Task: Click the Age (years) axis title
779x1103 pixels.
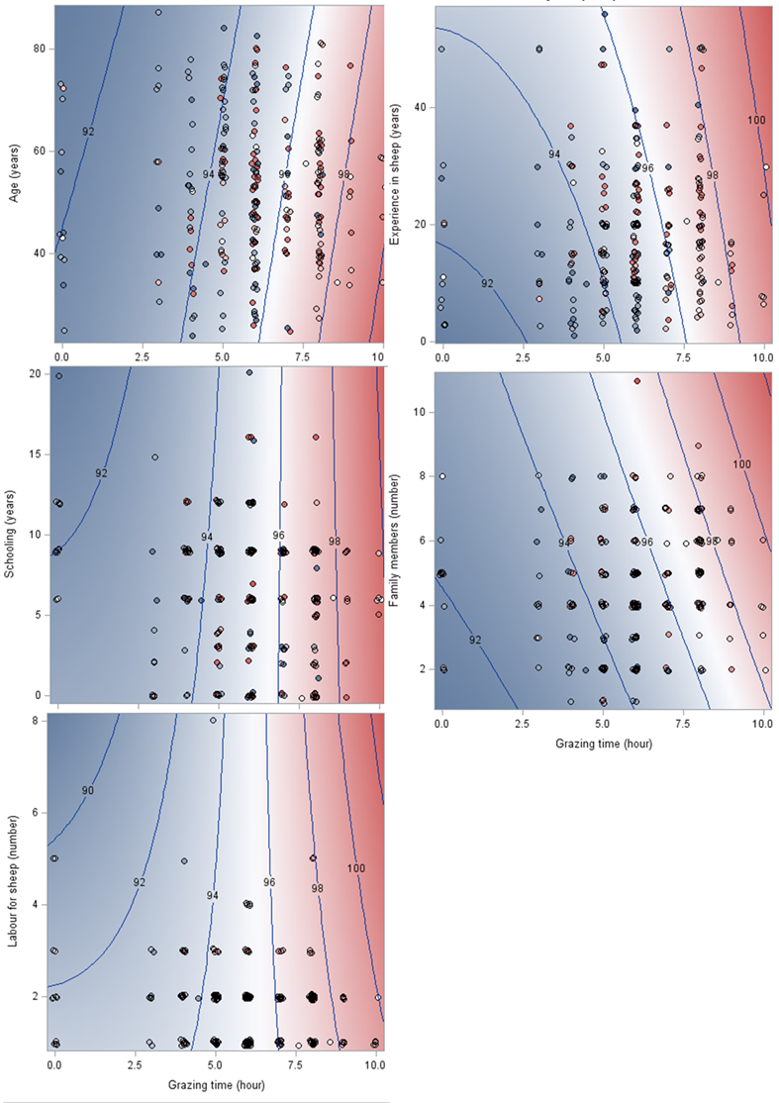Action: pyautogui.click(x=15, y=174)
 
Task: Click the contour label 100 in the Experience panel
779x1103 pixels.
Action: pyautogui.click(x=756, y=121)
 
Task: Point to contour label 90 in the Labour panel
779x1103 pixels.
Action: pyautogui.click(x=87, y=790)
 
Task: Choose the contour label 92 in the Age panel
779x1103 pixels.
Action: pyautogui.click(x=88, y=132)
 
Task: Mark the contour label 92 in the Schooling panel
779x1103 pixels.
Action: pyautogui.click(x=101, y=473)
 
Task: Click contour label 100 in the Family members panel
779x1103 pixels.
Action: pyautogui.click(x=741, y=464)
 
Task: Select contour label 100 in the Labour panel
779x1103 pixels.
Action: pyautogui.click(x=356, y=868)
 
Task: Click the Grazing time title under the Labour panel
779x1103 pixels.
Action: pyautogui.click(x=215, y=1086)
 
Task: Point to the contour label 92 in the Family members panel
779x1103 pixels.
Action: pyautogui.click(x=475, y=640)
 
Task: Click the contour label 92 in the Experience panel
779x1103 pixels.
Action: pyautogui.click(x=487, y=284)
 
